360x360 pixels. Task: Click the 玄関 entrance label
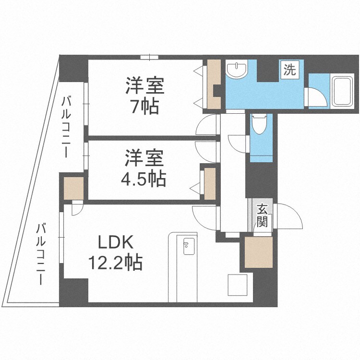(x=263, y=215)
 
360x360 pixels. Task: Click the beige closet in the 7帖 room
(x=214, y=84)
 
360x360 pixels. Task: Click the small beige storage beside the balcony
(x=74, y=188)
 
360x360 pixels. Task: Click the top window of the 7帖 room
(x=149, y=57)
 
